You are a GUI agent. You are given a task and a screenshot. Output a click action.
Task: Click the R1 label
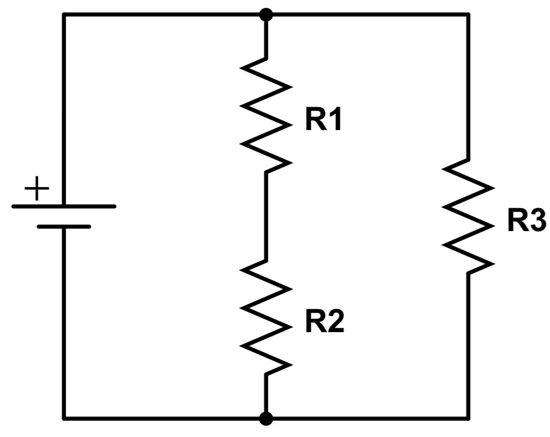323,119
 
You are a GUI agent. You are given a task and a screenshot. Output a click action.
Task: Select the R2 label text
325,321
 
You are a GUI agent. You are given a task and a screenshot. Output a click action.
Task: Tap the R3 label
527,220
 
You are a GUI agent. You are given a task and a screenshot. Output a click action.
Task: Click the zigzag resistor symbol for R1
266,116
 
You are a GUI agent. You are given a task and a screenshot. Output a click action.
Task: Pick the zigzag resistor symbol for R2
266,318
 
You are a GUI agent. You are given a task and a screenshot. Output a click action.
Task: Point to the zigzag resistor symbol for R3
468,216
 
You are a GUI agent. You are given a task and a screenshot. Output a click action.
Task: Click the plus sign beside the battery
37,188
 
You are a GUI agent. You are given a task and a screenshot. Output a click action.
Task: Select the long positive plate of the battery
64,207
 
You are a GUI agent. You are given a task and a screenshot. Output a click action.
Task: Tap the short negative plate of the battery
64,227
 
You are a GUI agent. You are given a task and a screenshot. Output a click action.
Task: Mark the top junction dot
266,15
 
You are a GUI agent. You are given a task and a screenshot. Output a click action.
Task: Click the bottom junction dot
266,419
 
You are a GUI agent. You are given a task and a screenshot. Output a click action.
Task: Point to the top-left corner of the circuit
64,15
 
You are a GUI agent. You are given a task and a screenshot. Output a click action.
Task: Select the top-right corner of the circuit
468,15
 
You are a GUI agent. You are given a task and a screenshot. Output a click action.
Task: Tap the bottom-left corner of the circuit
64,419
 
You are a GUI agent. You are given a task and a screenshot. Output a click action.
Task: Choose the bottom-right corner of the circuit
468,419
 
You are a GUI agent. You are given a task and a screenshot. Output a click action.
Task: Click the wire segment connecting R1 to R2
266,217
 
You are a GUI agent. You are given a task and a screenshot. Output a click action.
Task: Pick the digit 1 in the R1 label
335,119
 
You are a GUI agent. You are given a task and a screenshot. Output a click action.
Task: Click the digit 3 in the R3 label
538,220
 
